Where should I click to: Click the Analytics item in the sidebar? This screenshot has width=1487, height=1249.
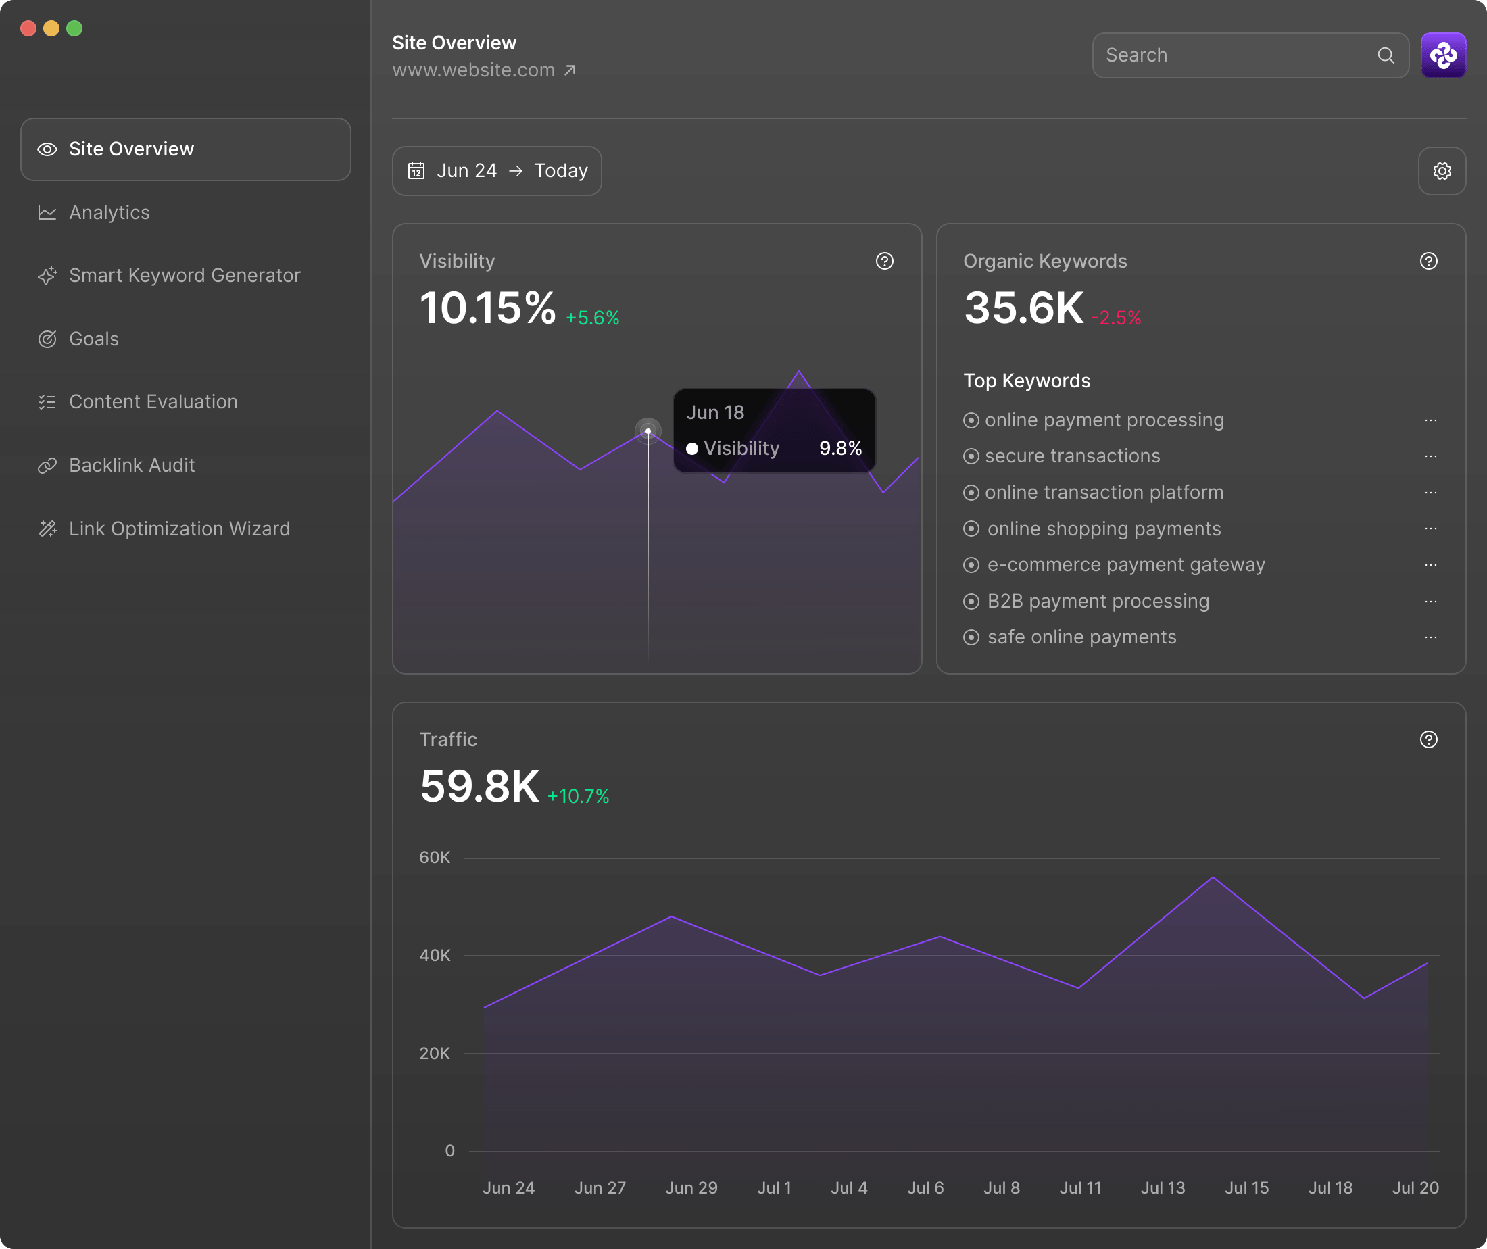pos(109,212)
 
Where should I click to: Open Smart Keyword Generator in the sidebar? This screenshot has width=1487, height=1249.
pos(184,276)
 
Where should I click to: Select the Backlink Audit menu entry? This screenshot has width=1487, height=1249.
pos(132,465)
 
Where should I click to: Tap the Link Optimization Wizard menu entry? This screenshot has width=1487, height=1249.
pos(179,529)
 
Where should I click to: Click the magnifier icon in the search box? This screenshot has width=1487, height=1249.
pos(1386,55)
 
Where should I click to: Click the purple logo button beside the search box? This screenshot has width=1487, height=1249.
pos(1442,55)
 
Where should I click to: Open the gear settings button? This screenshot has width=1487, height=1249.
pos(1442,170)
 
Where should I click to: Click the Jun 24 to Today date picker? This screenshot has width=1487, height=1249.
pos(497,170)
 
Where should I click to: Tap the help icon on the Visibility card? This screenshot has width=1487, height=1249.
pos(884,262)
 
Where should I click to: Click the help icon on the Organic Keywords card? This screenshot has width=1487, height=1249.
pos(1428,262)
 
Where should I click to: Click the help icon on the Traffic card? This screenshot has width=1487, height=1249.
pos(1428,739)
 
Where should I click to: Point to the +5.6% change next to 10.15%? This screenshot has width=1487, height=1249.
pos(592,318)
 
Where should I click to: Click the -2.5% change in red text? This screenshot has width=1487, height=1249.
pos(1116,318)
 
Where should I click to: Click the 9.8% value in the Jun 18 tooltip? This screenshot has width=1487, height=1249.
pos(839,448)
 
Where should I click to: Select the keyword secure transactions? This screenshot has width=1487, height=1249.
pos(1071,456)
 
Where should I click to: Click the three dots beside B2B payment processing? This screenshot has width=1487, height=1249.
pos(1430,601)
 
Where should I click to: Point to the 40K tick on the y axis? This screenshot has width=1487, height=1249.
pos(434,955)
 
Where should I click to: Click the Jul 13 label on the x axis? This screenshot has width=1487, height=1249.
pos(1163,1187)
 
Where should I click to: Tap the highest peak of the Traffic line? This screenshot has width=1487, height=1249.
pos(1213,877)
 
